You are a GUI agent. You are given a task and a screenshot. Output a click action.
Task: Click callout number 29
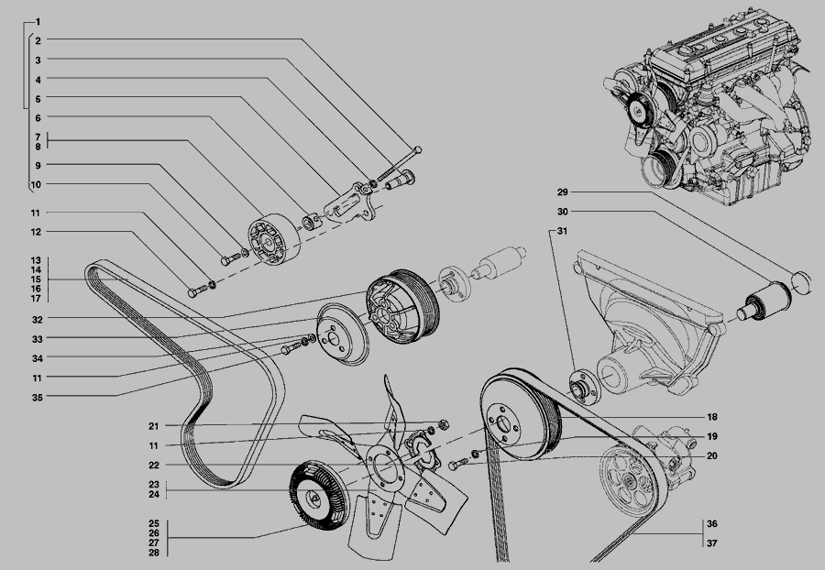tap(563, 192)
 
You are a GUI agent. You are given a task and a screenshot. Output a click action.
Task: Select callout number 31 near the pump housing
tap(563, 231)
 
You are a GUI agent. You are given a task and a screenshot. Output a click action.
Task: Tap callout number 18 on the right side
tap(712, 417)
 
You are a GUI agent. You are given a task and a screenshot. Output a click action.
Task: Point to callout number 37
tap(712, 543)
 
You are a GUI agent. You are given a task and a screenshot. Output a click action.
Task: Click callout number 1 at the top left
tap(38, 22)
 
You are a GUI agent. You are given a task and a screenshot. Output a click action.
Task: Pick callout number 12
tap(35, 232)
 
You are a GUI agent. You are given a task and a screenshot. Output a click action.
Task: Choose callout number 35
tap(37, 398)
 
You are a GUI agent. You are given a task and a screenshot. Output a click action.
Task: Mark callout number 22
tap(154, 466)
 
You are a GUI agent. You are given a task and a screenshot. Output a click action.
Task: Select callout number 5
tap(38, 98)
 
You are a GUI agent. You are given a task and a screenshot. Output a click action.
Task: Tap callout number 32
tap(37, 319)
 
